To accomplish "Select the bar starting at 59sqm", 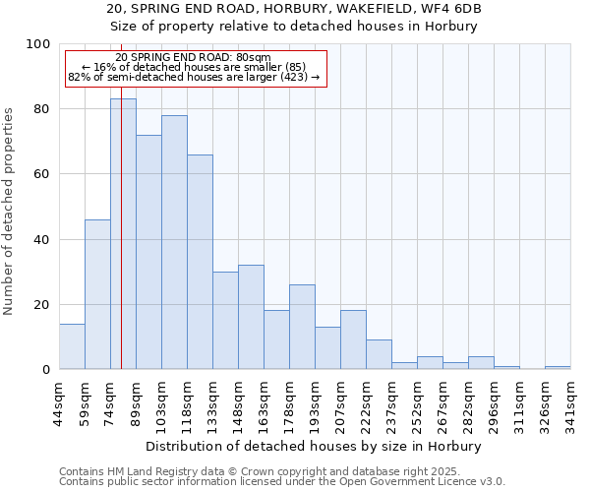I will click(97, 294).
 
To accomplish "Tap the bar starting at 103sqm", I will click(174, 242).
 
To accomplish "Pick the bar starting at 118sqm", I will click(200, 262).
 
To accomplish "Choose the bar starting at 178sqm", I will click(302, 327).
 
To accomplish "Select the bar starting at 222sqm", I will click(379, 354).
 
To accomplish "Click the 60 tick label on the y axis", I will click(43, 174).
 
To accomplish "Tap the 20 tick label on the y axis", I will click(43, 305).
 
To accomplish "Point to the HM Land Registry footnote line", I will click(280, 471).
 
